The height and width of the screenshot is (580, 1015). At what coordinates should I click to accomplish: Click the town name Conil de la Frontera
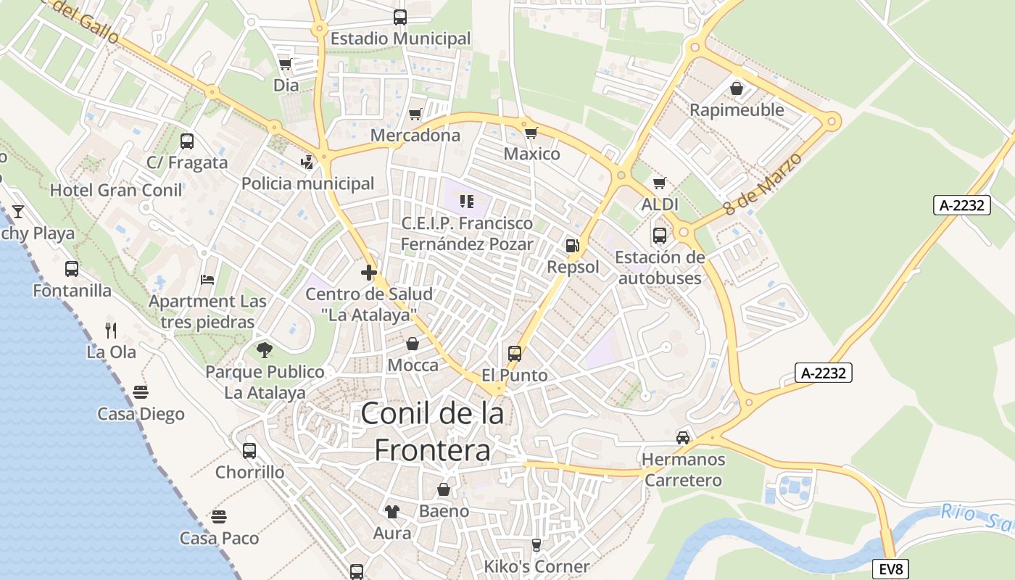[432, 432]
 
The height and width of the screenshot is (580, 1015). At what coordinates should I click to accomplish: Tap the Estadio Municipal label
[400, 38]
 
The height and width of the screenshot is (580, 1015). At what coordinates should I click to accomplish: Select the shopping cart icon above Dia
[285, 65]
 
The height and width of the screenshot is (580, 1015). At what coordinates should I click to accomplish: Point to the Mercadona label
[415, 136]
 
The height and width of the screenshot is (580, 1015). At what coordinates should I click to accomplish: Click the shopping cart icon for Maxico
[531, 133]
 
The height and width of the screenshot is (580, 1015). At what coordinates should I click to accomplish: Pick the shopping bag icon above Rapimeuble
[737, 89]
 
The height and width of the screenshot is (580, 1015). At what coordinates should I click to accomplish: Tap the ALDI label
[659, 204]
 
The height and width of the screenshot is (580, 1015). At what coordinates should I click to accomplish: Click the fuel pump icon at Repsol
[573, 246]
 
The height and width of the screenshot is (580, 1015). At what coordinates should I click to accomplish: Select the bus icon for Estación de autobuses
[659, 236]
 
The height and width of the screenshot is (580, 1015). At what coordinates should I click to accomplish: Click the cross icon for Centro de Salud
[369, 273]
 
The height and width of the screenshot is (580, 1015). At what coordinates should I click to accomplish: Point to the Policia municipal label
[307, 183]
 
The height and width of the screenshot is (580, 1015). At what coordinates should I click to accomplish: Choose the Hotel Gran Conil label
[116, 191]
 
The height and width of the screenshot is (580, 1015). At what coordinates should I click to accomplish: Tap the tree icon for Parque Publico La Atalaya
[265, 350]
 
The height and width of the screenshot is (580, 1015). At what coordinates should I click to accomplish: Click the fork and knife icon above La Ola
[111, 331]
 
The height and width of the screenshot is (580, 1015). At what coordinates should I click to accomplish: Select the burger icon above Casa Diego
[141, 392]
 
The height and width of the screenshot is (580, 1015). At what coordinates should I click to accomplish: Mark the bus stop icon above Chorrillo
[249, 450]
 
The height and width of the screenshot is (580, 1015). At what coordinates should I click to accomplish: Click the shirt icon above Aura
[392, 512]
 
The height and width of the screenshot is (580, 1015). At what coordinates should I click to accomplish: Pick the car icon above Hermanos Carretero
[683, 437]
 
